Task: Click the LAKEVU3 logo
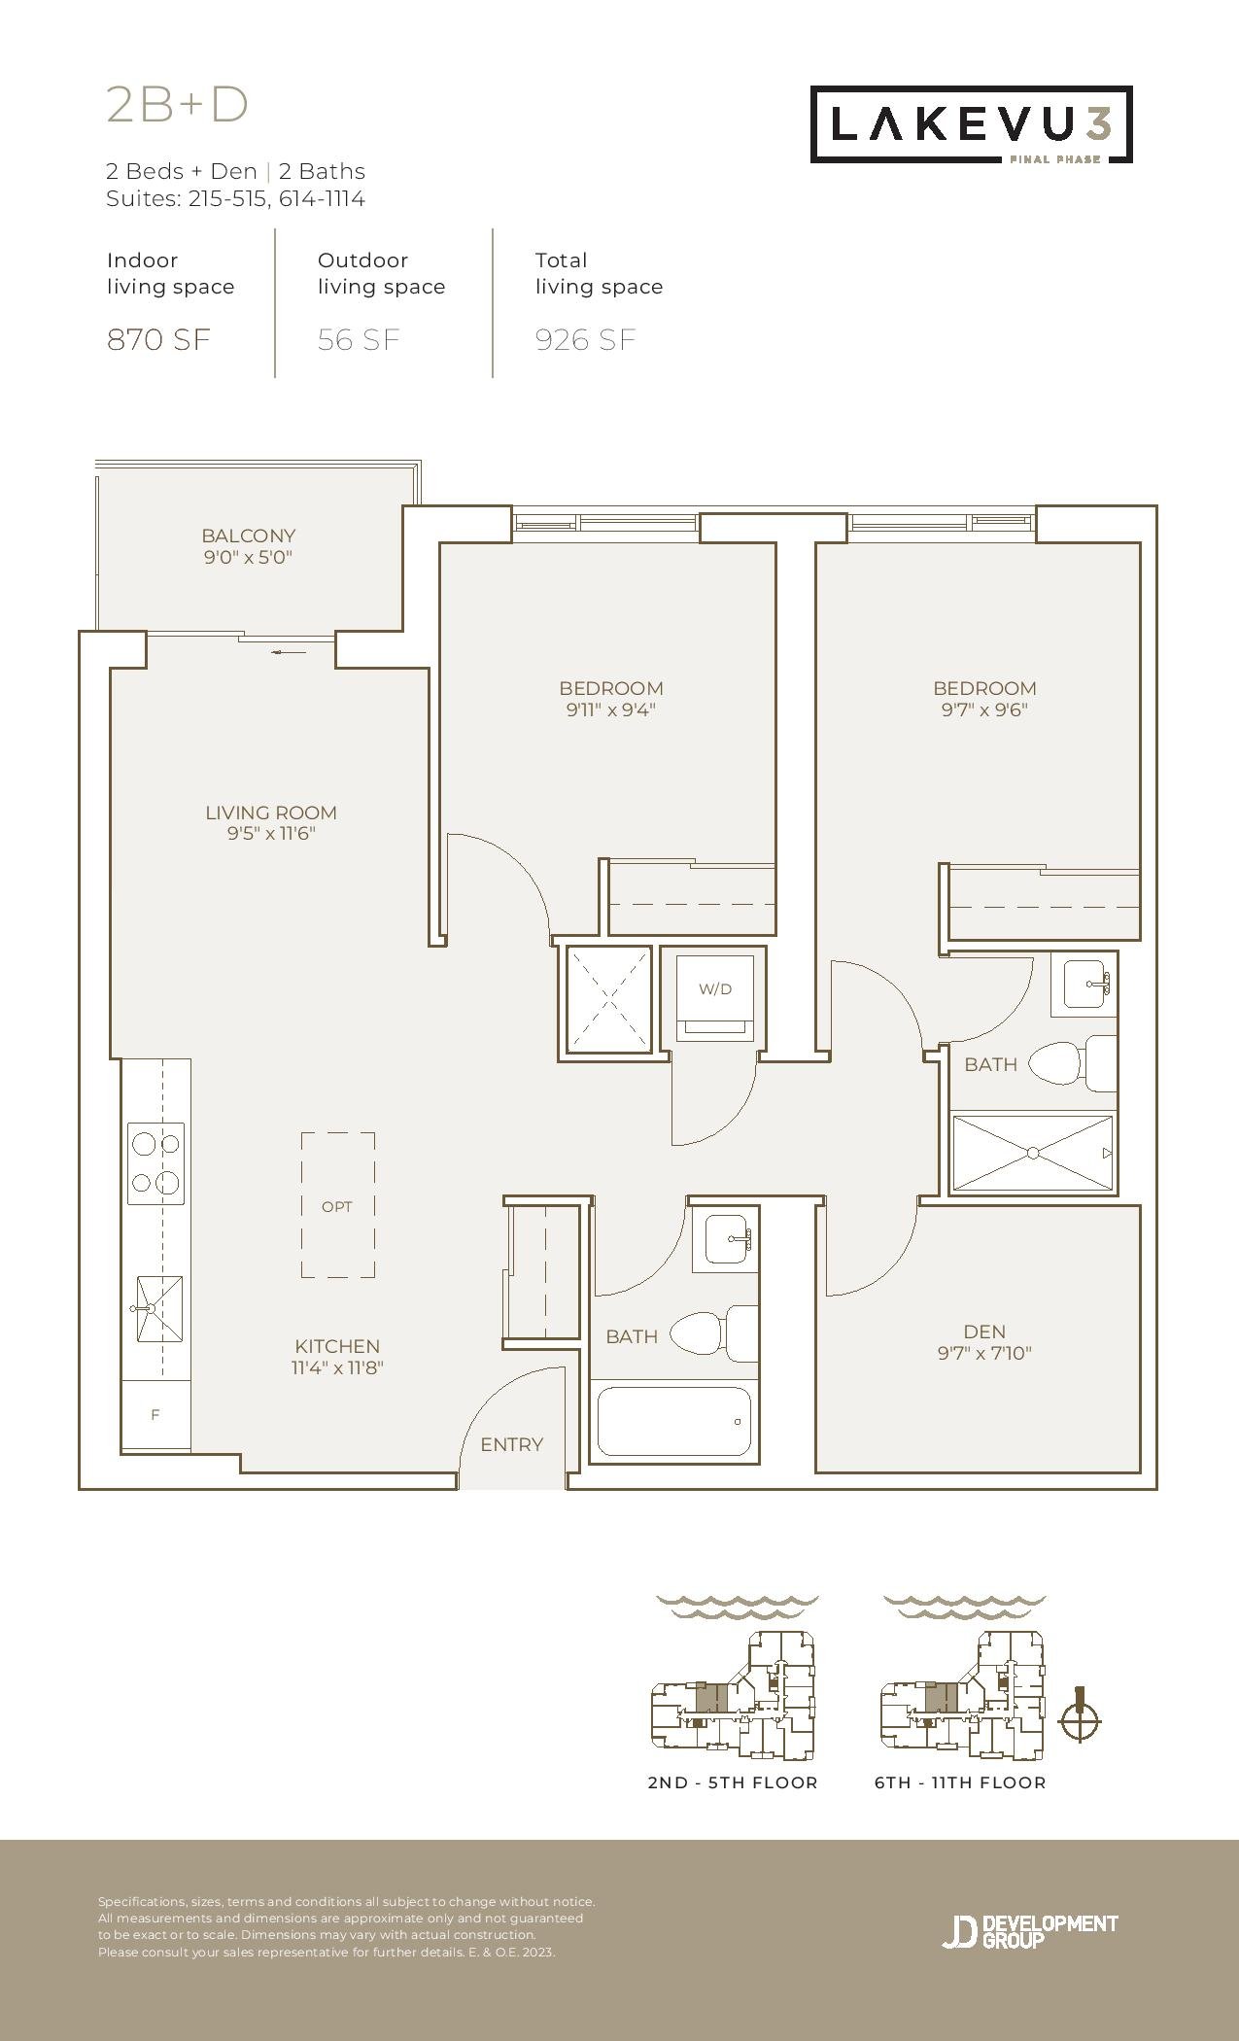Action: (972, 124)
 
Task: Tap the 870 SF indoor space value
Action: (158, 339)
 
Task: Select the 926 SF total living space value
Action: (586, 339)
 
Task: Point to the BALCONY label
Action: (249, 536)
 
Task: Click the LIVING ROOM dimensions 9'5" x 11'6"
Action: (272, 834)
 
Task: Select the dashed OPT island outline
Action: (338, 1204)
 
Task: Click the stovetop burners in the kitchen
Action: (156, 1163)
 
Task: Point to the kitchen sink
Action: (158, 1309)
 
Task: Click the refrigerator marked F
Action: (155, 1415)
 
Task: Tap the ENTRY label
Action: (512, 1444)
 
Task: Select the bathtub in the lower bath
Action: (674, 1421)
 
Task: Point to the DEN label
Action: (984, 1332)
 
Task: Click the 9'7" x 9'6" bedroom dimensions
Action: (984, 709)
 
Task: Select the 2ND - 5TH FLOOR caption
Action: (733, 1782)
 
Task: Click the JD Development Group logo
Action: (1030, 1931)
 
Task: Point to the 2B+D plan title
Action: (178, 105)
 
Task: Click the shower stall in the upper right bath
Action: (1033, 1153)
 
